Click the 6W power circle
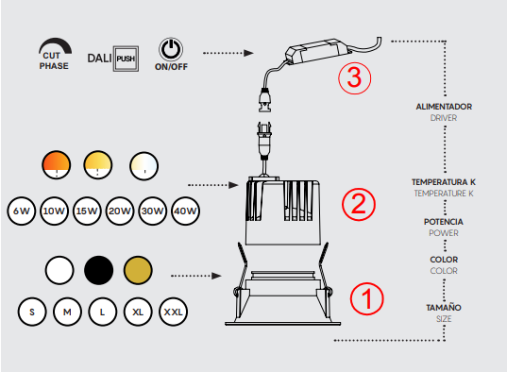(22, 211)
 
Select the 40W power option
(185, 211)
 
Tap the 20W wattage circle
(120, 211)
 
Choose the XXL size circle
(174, 312)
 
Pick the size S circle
(32, 312)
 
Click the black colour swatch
(98, 270)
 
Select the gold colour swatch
(138, 270)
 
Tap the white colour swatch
(59, 270)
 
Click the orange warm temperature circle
(57, 165)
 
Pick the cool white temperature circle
(144, 165)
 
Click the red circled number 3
(355, 78)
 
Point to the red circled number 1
(367, 298)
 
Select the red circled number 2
(359, 205)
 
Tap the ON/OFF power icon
(171, 49)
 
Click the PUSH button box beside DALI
(126, 59)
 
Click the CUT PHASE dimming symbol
(54, 54)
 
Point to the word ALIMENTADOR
(444, 107)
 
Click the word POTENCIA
(444, 222)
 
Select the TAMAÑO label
(444, 307)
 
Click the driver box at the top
(318, 50)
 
